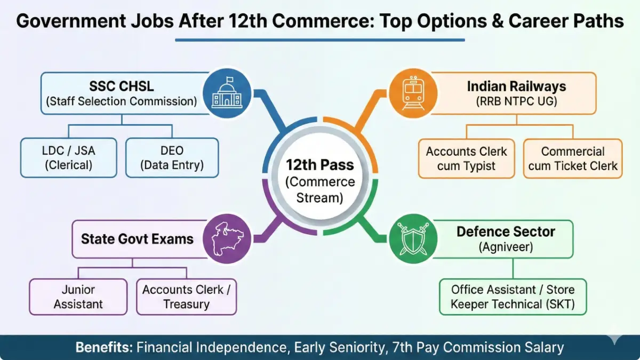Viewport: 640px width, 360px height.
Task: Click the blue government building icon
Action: click(x=227, y=93)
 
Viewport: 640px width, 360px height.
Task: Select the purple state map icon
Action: click(x=227, y=238)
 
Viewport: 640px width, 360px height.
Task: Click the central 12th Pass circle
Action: click(x=320, y=174)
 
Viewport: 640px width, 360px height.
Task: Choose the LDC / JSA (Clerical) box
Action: click(x=68, y=158)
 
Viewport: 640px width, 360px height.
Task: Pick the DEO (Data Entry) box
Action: click(x=172, y=158)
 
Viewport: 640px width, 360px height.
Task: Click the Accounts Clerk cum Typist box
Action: click(x=466, y=158)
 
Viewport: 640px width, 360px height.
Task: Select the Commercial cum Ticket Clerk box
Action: click(x=573, y=158)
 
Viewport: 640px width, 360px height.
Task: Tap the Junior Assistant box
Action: click(x=78, y=297)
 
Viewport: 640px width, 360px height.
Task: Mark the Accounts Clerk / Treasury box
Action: click(x=186, y=297)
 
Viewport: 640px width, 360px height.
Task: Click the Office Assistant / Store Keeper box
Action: click(x=513, y=297)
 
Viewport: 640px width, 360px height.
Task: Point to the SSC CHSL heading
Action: click(x=121, y=86)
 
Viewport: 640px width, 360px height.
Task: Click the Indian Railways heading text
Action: click(x=516, y=86)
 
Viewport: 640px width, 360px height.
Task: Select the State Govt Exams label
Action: click(x=137, y=238)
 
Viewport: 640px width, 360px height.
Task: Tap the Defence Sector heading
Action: click(x=506, y=232)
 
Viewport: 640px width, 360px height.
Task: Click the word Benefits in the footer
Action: click(x=103, y=348)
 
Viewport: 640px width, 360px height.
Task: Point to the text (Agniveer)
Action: click(x=506, y=247)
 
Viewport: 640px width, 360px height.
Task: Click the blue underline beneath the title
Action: click(x=320, y=39)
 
